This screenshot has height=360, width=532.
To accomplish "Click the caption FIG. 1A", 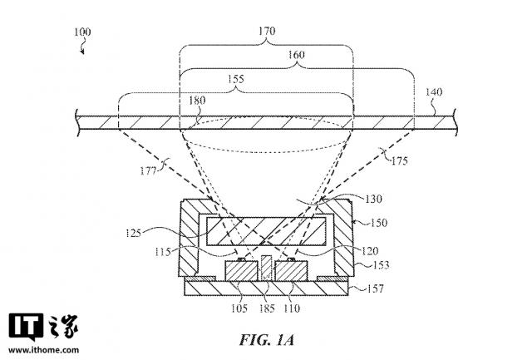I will [x=265, y=340].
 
